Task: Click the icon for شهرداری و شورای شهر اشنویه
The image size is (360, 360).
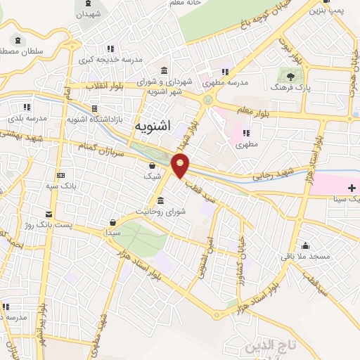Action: click(164, 70)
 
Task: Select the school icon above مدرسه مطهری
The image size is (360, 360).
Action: click(225, 71)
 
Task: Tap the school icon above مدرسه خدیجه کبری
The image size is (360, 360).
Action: click(110, 49)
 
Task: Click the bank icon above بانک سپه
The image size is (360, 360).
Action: click(60, 175)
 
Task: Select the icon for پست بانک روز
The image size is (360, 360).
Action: click(49, 213)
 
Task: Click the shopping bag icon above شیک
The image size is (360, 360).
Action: click(153, 166)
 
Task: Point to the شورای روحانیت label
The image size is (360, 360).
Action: click(160, 211)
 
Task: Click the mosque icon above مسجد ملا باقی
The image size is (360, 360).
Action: click(306, 246)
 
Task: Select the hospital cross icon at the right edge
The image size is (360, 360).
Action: click(352, 188)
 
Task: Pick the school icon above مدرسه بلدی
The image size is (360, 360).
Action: click(27, 107)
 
